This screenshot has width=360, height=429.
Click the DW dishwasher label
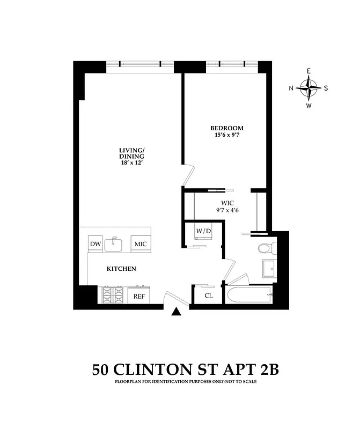[95, 244]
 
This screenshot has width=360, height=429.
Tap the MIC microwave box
[141, 244]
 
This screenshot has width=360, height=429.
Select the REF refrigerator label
[139, 295]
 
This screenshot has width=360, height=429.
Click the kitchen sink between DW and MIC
[114, 245]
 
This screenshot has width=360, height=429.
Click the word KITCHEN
[121, 269]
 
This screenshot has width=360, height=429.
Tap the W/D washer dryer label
[203, 231]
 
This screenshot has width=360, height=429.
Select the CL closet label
[209, 295]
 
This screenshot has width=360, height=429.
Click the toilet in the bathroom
[266, 248]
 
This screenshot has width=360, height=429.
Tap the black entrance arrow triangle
[176, 312]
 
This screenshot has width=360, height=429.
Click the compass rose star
[309, 88]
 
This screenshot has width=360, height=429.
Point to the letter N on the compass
[291, 88]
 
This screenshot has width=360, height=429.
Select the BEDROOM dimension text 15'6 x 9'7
[226, 136]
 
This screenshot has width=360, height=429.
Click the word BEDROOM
[226, 128]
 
